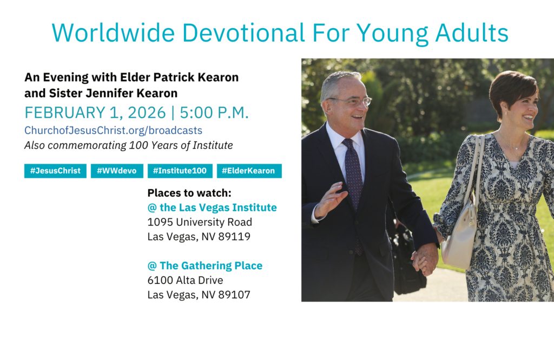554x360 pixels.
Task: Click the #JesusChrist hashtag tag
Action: (x=55, y=171)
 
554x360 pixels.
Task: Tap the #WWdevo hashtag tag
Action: (x=117, y=171)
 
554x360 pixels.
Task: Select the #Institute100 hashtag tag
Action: (x=180, y=171)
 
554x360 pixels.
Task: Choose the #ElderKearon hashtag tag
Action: (x=249, y=171)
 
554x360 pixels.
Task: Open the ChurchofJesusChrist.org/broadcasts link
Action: (x=114, y=131)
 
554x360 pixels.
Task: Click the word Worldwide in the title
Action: (x=113, y=33)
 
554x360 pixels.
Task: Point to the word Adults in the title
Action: (x=472, y=33)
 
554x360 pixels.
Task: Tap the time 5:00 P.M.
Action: (x=214, y=112)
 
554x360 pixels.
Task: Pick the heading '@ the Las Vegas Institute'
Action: (x=212, y=208)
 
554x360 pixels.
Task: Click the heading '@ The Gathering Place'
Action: (x=205, y=266)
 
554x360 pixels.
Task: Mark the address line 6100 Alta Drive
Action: (x=185, y=280)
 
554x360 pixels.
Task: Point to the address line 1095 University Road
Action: (x=200, y=222)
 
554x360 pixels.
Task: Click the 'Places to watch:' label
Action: (x=189, y=193)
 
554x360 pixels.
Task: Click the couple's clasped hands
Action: (x=425, y=259)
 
